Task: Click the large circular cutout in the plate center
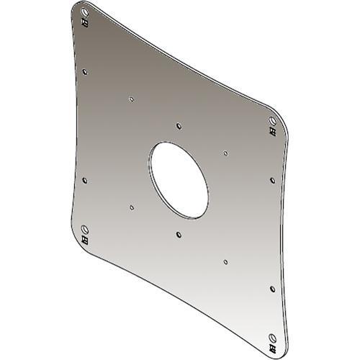[x=179, y=177]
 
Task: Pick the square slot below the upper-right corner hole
[x=272, y=130]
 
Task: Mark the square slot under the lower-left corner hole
[x=86, y=240]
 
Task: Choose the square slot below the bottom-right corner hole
[x=272, y=346]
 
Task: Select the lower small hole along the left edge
[x=86, y=180]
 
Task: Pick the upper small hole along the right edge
[x=272, y=179]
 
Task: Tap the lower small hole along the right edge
[x=272, y=288]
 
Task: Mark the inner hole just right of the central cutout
[x=225, y=153]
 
